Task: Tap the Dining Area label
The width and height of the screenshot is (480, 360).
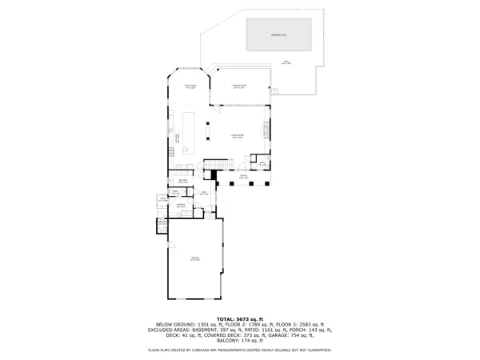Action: point(190,86)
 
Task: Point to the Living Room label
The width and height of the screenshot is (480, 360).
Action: point(237,137)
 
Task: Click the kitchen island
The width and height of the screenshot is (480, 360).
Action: point(190,132)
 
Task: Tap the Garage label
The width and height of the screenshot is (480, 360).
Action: point(194,258)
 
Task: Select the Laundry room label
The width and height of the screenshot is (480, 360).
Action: point(182,206)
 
